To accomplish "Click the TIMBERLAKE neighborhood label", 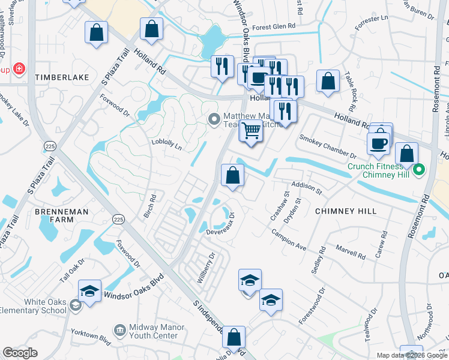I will (62, 77).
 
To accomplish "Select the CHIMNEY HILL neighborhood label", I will (346, 211).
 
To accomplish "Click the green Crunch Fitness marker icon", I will (420, 169).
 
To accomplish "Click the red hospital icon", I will (19, 69).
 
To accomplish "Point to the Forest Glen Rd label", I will (274, 27).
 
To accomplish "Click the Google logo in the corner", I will (20, 352).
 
